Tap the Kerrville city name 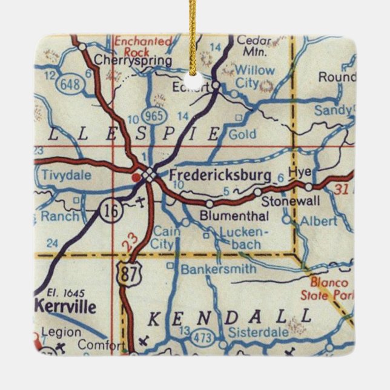(x=65, y=306)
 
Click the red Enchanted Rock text (x=143, y=47)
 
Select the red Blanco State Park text (x=329, y=289)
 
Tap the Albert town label (x=319, y=221)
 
